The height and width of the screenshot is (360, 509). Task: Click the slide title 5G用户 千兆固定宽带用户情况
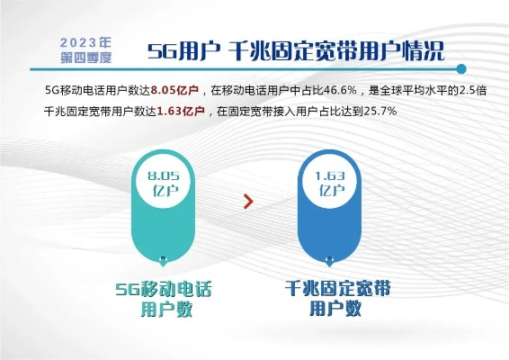[x=296, y=49]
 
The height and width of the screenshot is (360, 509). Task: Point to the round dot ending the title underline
[x=461, y=68]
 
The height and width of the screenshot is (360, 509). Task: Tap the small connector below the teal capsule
[x=164, y=261]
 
